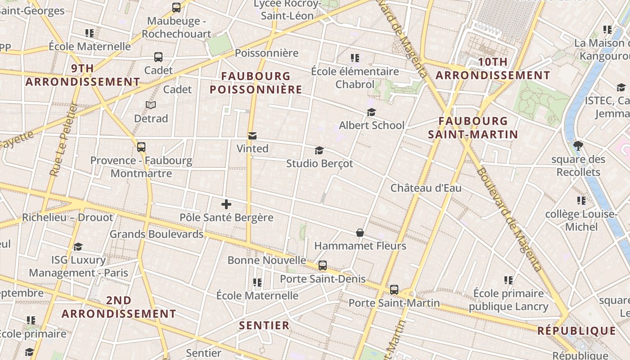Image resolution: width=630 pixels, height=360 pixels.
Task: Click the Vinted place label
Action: coord(252,148)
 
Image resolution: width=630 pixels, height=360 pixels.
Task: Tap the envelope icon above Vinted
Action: coord(252,136)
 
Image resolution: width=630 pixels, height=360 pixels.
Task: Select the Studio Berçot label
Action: coord(319,163)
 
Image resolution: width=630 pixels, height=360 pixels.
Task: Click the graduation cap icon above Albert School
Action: coord(371,112)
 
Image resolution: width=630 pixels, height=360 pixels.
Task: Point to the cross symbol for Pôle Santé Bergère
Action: coord(226,205)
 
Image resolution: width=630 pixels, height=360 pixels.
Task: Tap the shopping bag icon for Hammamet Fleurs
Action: coord(360,233)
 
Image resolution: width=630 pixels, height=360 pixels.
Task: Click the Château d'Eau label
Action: coord(426,188)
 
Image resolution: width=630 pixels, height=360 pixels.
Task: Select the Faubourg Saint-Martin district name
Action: coord(473,127)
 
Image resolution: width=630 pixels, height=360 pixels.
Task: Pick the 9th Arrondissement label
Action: coord(83,75)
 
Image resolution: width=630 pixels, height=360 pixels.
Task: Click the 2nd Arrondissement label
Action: coord(119,307)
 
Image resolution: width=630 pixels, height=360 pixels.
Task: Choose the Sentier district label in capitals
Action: coord(264,325)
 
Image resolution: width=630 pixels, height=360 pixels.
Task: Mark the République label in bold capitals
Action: coord(576,331)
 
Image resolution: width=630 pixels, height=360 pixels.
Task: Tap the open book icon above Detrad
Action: coord(151,105)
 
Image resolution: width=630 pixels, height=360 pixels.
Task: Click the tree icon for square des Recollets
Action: coord(578,146)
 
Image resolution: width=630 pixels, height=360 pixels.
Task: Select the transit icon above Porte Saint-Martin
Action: coord(394,290)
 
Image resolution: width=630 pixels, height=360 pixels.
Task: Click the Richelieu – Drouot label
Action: coord(68,217)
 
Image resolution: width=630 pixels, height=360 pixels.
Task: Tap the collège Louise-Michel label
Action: coord(581,220)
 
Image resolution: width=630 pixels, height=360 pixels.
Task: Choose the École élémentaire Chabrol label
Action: coord(355,77)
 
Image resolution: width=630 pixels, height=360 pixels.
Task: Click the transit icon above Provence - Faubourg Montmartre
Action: coord(141,147)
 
